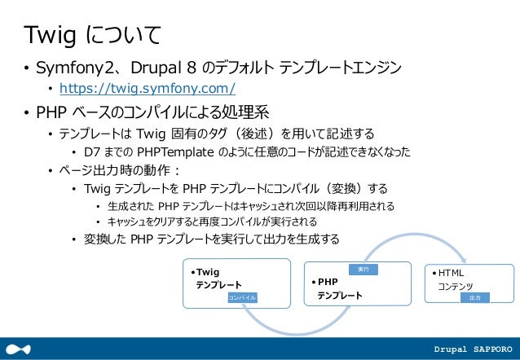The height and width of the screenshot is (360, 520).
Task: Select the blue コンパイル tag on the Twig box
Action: point(243,298)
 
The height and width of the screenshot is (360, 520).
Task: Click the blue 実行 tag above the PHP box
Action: point(364,268)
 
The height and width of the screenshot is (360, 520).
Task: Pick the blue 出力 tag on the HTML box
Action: point(475,299)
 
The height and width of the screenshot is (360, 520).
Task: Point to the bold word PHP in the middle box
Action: point(328,282)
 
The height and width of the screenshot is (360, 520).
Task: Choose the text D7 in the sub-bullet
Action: point(92,152)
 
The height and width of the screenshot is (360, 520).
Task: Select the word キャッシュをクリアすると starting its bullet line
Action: point(152,222)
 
